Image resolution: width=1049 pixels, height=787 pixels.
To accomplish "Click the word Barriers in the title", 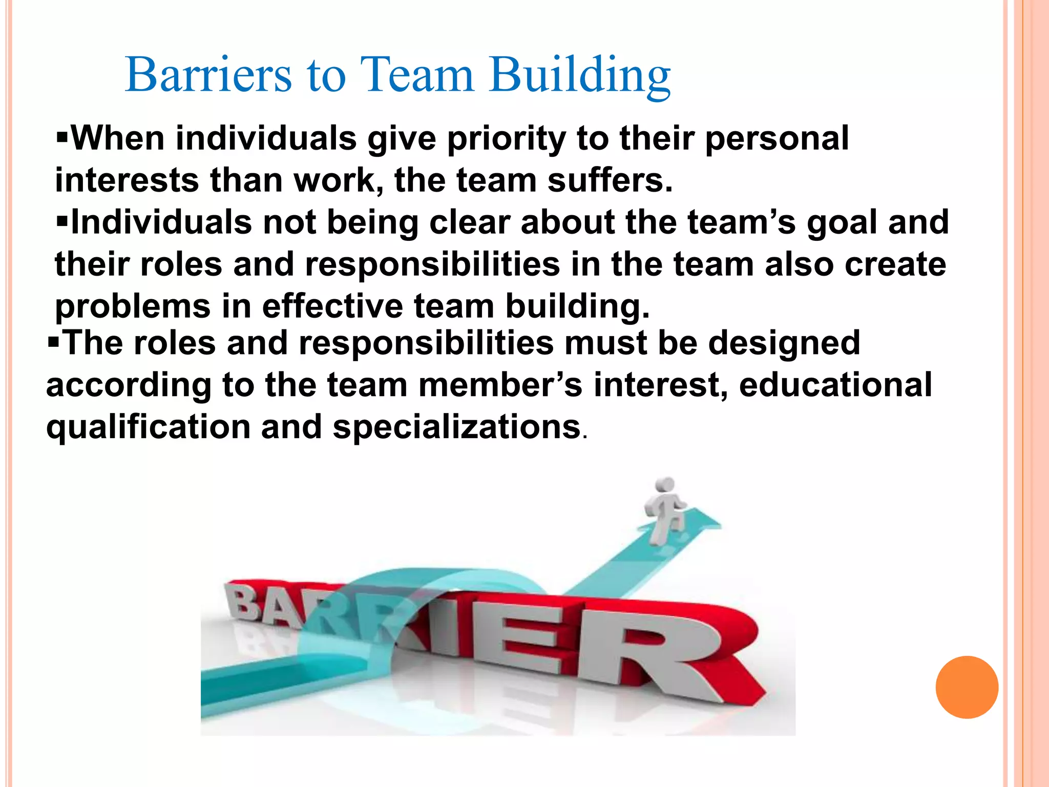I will pyautogui.click(x=208, y=75).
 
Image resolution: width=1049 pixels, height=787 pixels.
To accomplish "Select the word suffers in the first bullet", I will pyautogui.click(x=610, y=181).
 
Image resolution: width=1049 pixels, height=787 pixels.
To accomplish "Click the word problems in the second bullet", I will pyautogui.click(x=133, y=307).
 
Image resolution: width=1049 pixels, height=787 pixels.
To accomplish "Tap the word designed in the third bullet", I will pyautogui.click(x=784, y=343).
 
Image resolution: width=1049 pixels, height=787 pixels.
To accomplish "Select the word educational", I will pyautogui.click(x=835, y=385).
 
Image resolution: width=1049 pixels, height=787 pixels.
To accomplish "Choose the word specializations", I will pyautogui.click(x=456, y=427).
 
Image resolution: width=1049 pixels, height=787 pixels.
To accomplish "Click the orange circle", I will pyautogui.click(x=967, y=687).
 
